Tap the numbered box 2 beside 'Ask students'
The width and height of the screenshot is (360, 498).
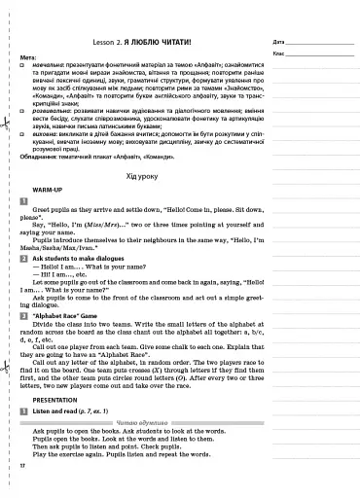[x=22, y=261]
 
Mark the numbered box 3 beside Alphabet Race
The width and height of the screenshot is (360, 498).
[x=22, y=316]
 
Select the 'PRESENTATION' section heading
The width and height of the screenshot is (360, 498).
[x=55, y=397]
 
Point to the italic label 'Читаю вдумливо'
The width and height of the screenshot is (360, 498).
[x=142, y=426]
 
